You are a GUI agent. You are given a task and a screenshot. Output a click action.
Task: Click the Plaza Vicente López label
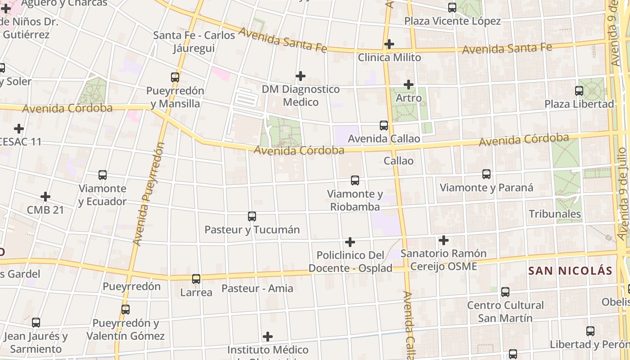coord(452,21)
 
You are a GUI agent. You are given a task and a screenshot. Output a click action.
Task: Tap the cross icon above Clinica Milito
coord(389,44)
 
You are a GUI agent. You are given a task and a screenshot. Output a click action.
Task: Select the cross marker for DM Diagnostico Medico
coord(301,76)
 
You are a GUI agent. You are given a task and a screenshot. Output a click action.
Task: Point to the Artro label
coord(409,98)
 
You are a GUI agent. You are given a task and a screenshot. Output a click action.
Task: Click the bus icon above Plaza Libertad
coord(579,91)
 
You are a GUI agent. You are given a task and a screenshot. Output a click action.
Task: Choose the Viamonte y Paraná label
coord(486,187)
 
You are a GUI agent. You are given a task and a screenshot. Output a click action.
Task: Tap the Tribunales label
coord(554,214)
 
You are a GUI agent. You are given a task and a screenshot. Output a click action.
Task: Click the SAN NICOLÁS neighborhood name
coord(570,270)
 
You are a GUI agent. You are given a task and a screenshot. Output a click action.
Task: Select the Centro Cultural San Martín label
coord(505,311)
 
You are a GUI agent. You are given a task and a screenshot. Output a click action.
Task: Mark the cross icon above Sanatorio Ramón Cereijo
coord(444,240)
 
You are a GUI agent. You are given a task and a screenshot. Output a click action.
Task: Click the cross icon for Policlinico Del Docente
coord(350,242)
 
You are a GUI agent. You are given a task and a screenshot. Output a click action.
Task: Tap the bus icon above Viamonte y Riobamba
coord(355,181)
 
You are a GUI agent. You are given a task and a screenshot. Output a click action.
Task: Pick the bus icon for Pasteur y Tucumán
coord(252,216)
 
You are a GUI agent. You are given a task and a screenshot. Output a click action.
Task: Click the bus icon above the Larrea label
coord(196,279)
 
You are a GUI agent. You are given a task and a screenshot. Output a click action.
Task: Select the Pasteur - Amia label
coord(257,288)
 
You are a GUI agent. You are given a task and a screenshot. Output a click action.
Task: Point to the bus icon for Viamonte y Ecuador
coord(103,175)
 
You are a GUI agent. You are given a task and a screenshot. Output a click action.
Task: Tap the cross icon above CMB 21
coord(45,197)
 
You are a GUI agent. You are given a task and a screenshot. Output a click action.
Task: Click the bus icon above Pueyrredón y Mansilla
coord(175,77)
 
